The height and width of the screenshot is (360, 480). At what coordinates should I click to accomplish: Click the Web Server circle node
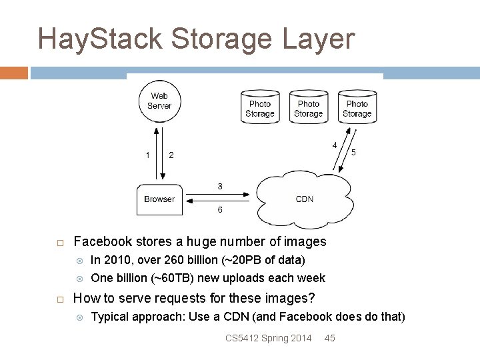[159, 101]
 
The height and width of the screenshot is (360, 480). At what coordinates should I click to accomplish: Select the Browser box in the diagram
[159, 199]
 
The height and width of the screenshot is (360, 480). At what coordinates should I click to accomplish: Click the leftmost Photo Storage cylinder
[260, 107]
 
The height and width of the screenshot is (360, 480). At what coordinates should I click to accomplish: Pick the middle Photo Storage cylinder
[309, 107]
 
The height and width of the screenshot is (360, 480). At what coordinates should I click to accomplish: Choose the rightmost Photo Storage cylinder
[357, 107]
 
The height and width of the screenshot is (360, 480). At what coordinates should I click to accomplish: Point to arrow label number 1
[148, 155]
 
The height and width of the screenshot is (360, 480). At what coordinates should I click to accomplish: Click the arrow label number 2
[171, 155]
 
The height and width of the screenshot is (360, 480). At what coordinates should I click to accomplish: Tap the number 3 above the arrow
[220, 187]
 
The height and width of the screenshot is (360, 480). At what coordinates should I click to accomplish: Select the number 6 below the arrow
[220, 211]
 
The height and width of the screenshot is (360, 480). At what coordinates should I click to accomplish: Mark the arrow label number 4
[335, 145]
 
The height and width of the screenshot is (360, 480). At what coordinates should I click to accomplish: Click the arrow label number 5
[353, 153]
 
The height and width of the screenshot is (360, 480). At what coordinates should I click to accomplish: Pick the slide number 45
[329, 338]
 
